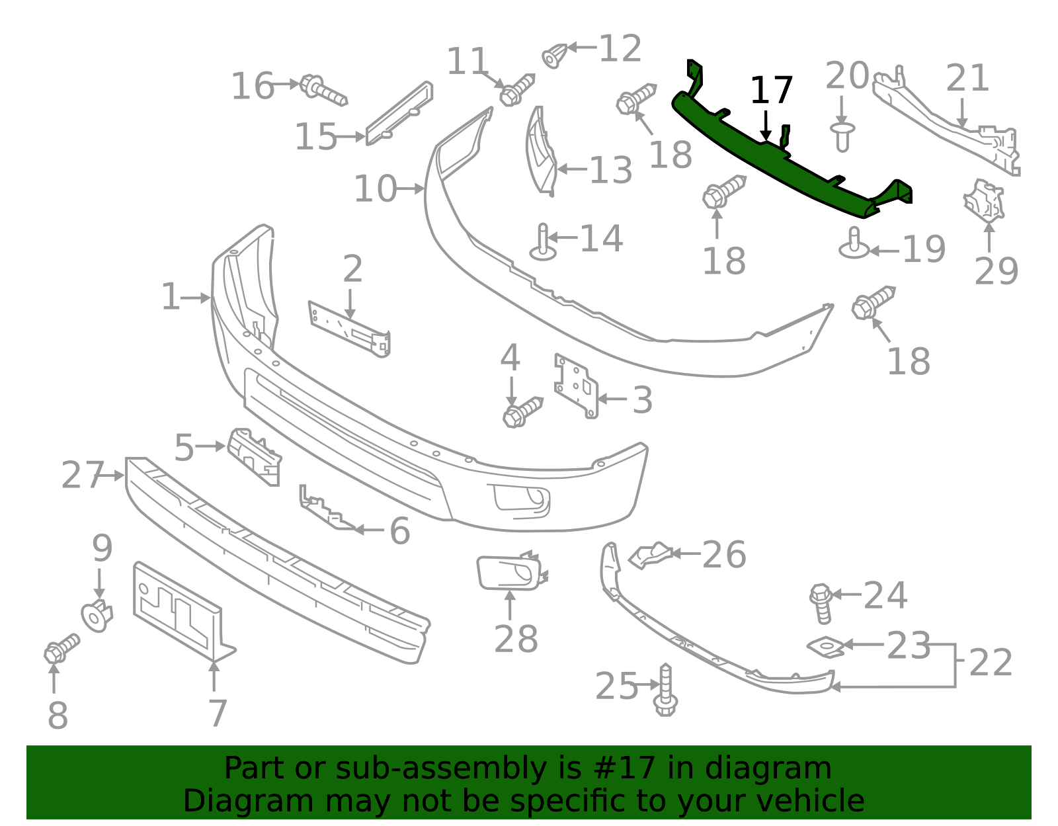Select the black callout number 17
(x=771, y=91)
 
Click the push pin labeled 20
(x=842, y=135)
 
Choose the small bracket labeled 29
(x=985, y=199)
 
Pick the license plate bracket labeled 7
(x=179, y=612)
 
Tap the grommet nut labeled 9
(x=97, y=616)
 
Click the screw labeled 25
(x=665, y=691)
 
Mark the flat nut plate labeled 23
(x=825, y=647)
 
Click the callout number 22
(x=990, y=663)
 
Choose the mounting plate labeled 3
(x=577, y=387)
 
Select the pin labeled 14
(x=543, y=243)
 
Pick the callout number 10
(x=375, y=189)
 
